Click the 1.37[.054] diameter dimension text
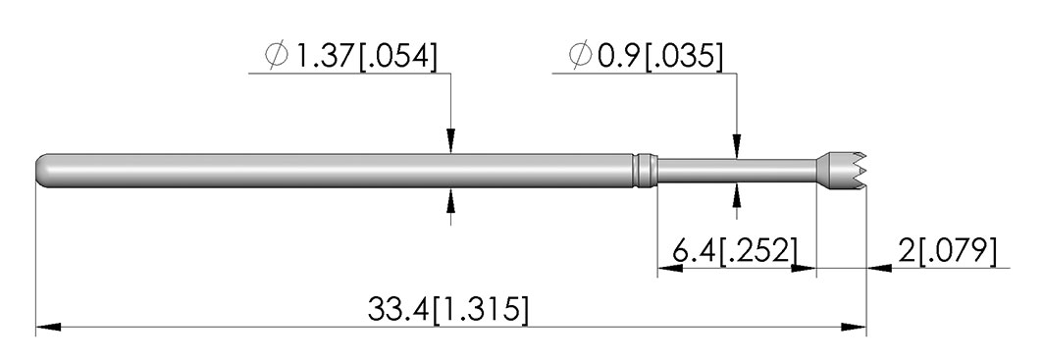tap(366, 57)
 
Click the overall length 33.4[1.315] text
tap(448, 309)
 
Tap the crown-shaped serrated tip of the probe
tap(842, 171)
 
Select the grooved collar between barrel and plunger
tap(644, 171)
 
